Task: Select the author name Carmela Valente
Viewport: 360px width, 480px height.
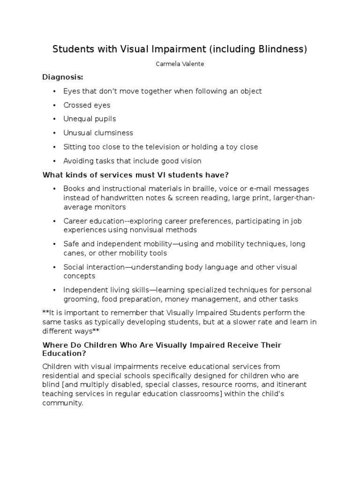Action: point(180,64)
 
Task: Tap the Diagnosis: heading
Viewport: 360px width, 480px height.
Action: point(62,77)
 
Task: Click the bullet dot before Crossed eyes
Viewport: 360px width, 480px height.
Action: point(54,105)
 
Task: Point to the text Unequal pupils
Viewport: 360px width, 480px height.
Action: point(89,119)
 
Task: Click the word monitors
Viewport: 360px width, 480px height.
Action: point(111,207)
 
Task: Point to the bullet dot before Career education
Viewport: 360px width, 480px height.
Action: point(54,221)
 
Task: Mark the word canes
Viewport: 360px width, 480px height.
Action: point(74,253)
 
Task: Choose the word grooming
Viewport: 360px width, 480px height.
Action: point(78,300)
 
